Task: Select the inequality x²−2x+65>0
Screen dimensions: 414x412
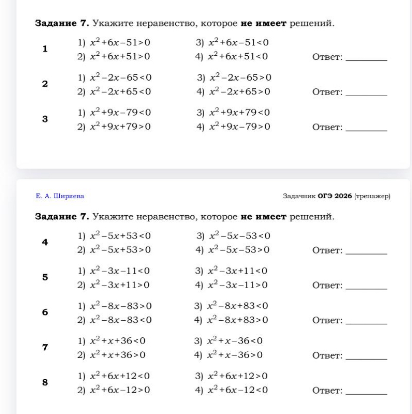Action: pos(239,92)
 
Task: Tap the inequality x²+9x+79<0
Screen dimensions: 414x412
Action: pos(238,112)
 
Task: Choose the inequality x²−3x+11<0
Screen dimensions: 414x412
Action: pos(238,271)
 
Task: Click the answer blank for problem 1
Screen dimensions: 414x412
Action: pos(366,60)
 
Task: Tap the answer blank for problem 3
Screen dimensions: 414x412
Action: pos(366,130)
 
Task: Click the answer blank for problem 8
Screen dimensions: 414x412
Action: pos(366,394)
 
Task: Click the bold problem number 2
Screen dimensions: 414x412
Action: pos(45,84)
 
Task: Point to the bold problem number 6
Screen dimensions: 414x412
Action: pos(45,312)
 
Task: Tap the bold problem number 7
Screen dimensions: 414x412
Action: pos(45,348)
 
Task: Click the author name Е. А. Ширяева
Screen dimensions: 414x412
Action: pos(59,196)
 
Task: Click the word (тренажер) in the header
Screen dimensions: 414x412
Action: pos(371,196)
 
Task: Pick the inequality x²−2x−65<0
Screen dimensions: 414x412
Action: pos(119,77)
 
